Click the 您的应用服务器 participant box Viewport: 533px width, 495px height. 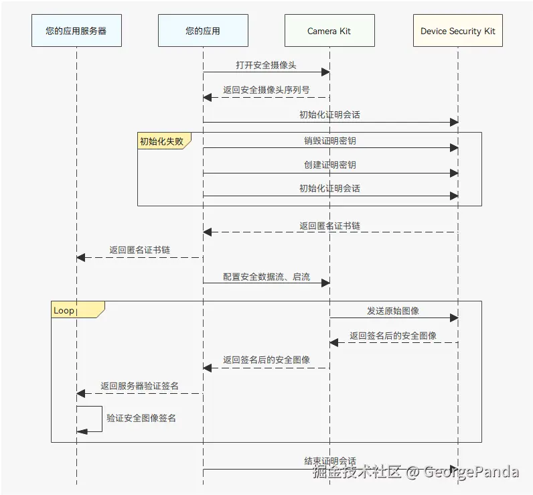[x=76, y=31]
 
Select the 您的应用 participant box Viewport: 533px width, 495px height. [x=203, y=31]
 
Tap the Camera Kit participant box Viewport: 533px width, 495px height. [x=329, y=31]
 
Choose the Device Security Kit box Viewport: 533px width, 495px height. [x=458, y=31]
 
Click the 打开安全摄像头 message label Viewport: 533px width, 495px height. [x=266, y=65]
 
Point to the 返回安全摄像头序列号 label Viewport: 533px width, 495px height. [x=266, y=90]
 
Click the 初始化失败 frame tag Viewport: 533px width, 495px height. [x=161, y=141]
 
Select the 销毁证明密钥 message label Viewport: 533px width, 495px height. [x=329, y=141]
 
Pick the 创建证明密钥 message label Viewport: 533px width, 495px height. [x=329, y=165]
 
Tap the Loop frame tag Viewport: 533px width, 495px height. [x=65, y=310]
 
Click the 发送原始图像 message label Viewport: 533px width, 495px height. [x=393, y=311]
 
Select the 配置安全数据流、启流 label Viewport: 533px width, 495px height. [x=266, y=276]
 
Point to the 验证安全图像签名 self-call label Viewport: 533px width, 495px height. [x=141, y=418]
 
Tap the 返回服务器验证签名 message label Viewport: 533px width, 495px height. [x=139, y=386]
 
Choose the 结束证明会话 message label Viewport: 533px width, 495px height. [x=329, y=462]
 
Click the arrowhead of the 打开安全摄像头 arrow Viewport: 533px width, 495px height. [x=325, y=72]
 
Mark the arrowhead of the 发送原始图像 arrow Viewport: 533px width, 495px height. [x=454, y=317]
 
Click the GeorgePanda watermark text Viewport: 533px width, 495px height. [x=471, y=472]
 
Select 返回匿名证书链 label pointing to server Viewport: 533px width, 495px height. [x=139, y=250]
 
